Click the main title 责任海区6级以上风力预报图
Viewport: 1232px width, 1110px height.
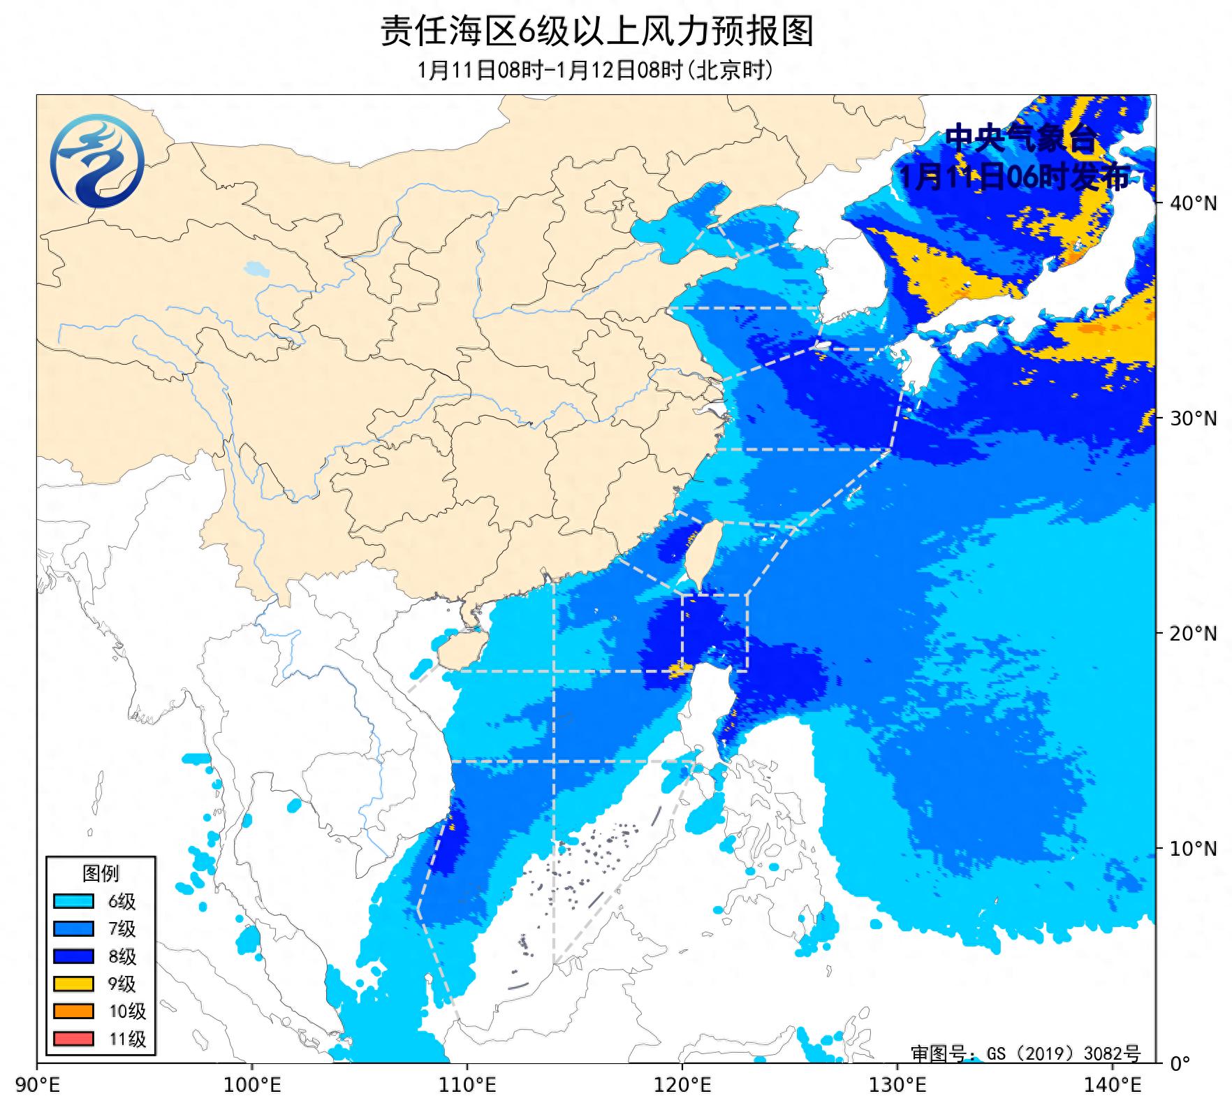pos(596,31)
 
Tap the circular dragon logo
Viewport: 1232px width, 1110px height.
pos(97,161)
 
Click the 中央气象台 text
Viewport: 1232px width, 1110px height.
pos(1021,139)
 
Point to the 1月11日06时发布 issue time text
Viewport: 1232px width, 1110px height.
pos(1014,177)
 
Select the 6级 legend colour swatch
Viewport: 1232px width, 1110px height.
pos(73,901)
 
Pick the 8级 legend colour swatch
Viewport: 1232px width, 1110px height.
pos(73,956)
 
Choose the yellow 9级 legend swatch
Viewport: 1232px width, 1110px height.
pos(73,984)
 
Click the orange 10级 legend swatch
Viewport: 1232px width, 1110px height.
pos(73,1011)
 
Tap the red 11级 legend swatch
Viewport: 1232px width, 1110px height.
pos(73,1039)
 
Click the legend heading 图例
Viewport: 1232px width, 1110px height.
pos(101,873)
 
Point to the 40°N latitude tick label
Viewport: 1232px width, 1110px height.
pos(1194,203)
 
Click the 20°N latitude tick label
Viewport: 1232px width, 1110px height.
pos(1194,634)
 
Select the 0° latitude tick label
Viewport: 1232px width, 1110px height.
pos(1180,1064)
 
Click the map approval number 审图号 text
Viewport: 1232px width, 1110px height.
pos(1025,1053)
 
